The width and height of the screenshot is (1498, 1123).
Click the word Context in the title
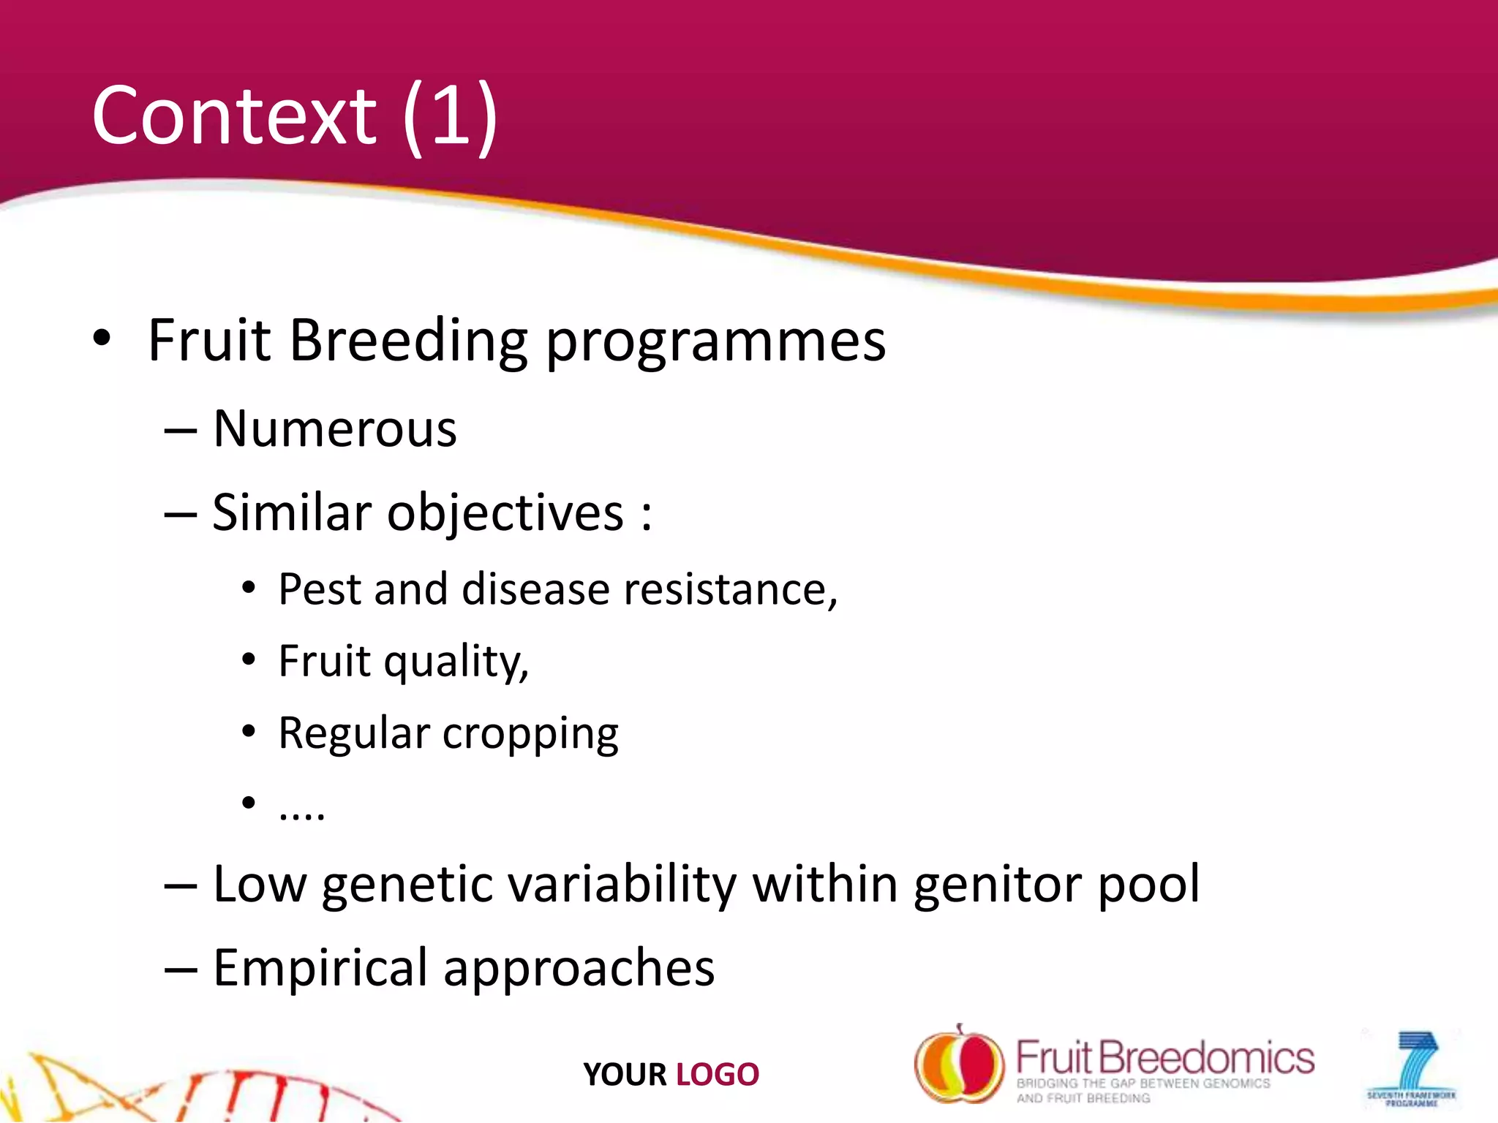point(233,116)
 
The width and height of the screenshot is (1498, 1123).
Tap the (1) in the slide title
point(450,117)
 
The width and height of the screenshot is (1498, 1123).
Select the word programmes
point(715,342)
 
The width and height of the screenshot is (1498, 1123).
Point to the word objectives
point(505,513)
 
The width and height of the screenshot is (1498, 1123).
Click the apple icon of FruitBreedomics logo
point(959,1065)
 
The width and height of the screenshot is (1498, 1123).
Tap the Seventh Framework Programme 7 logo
point(1410,1068)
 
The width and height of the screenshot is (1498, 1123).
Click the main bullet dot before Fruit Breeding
point(102,339)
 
